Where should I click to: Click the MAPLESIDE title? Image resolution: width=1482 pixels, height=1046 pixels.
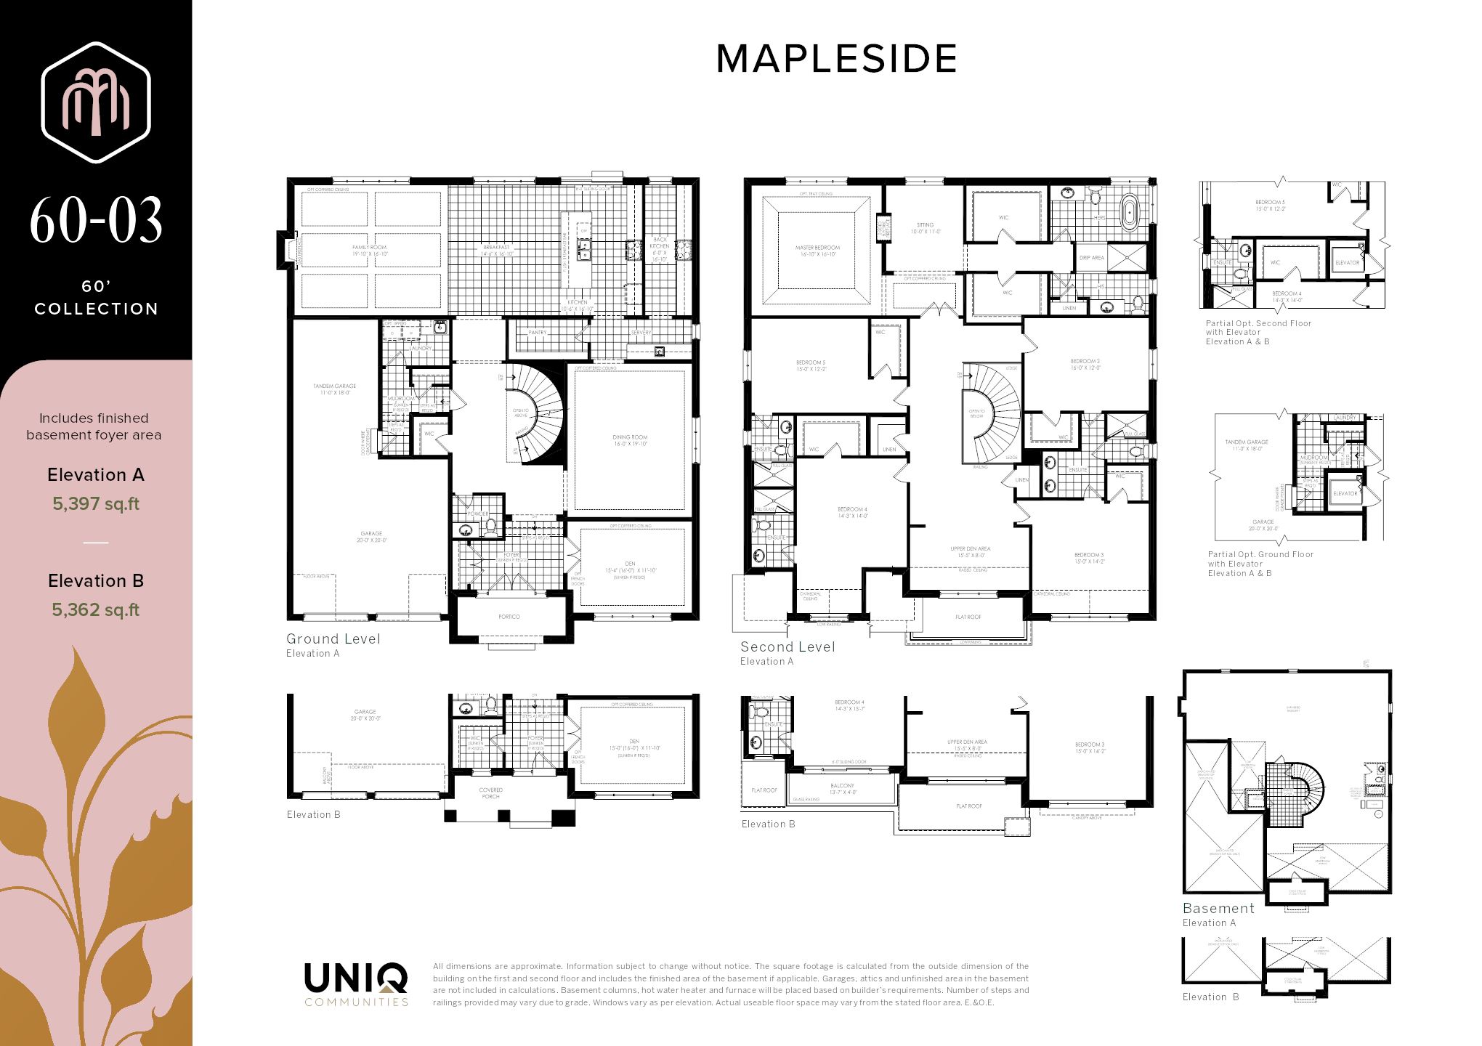pyautogui.click(x=836, y=59)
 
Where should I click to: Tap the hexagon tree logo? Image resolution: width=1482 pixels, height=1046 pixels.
pyautogui.click(x=96, y=102)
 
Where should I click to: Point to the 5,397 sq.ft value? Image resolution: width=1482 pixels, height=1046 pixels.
pyautogui.click(x=96, y=504)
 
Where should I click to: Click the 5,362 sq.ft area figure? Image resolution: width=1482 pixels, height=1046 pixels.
pyautogui.click(x=96, y=610)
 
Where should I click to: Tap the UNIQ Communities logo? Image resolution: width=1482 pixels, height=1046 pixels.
pyautogui.click(x=356, y=984)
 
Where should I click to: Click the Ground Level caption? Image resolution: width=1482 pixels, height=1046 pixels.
pyautogui.click(x=333, y=639)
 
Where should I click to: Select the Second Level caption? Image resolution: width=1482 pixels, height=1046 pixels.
pyautogui.click(x=787, y=647)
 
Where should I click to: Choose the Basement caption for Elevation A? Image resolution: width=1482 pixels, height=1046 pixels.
pyautogui.click(x=1218, y=909)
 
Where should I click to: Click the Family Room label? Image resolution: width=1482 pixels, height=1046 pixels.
pyautogui.click(x=369, y=250)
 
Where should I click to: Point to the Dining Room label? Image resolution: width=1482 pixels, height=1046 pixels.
pyautogui.click(x=629, y=439)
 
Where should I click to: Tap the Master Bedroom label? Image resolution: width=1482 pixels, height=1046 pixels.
pyautogui.click(x=817, y=251)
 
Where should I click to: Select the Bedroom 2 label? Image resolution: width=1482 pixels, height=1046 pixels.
pyautogui.click(x=1085, y=364)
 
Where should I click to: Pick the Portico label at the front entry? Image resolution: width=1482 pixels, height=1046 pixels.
pyautogui.click(x=509, y=617)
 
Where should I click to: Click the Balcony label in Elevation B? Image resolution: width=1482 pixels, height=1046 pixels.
pyautogui.click(x=843, y=788)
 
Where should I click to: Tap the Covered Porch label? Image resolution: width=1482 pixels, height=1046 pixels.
pyautogui.click(x=490, y=793)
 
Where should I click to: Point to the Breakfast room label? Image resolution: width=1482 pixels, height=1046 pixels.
pyautogui.click(x=497, y=249)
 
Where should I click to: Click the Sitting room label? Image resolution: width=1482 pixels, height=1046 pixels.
pyautogui.click(x=925, y=227)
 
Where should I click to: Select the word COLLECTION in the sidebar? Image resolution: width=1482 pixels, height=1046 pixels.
pyautogui.click(x=96, y=309)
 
